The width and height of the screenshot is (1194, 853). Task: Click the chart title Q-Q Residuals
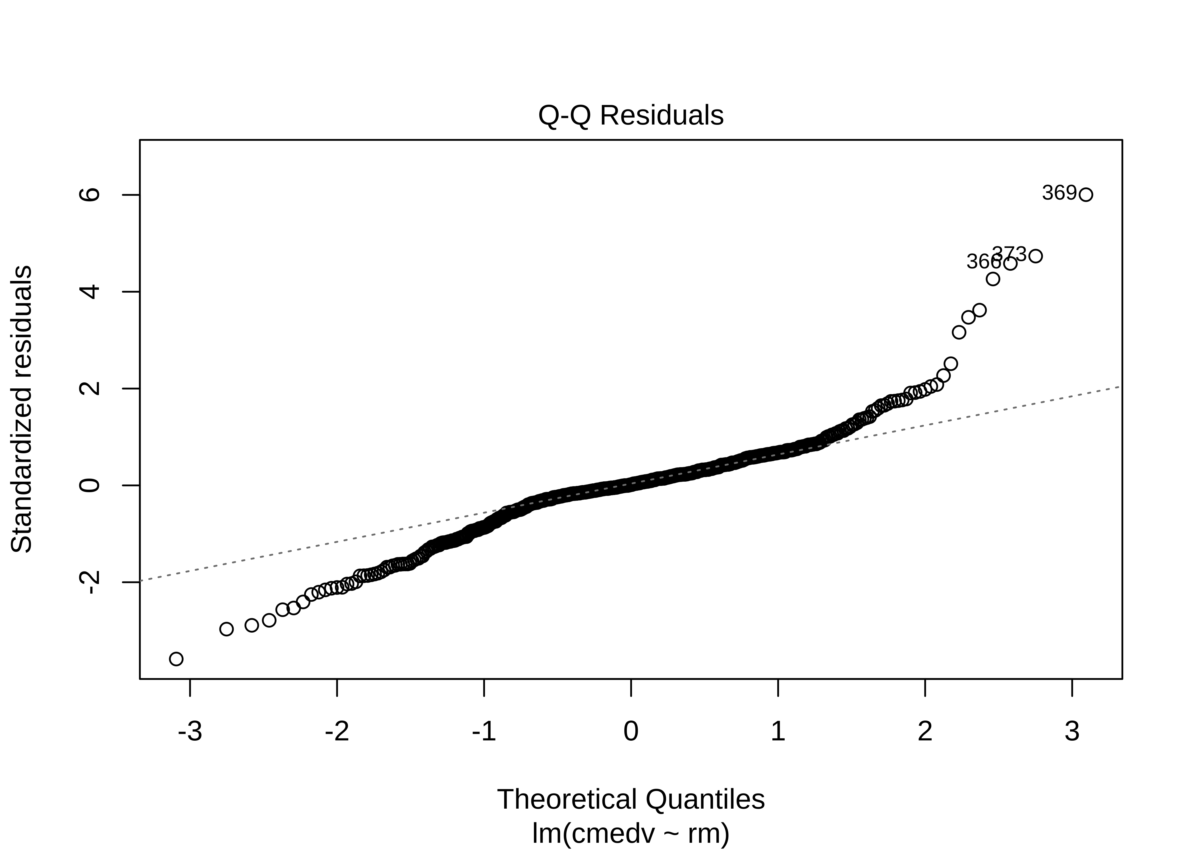[631, 115]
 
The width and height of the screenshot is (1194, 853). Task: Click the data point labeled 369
[1086, 195]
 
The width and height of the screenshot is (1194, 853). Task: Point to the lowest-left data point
[177, 659]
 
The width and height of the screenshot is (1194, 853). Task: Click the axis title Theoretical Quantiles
[631, 800]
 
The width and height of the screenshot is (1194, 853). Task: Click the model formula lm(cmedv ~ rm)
[631, 834]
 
